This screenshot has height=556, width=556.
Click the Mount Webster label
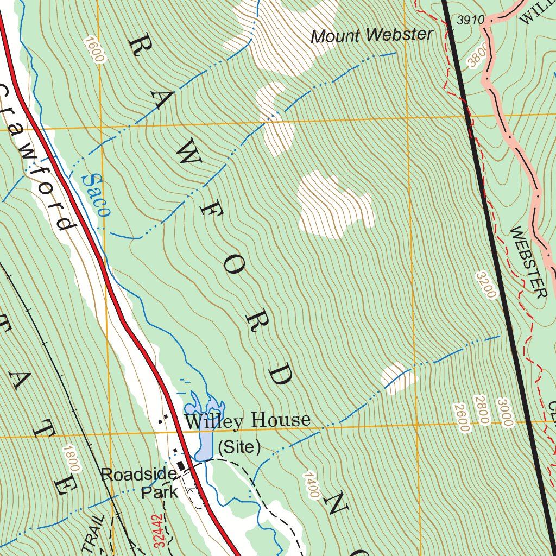click(372, 36)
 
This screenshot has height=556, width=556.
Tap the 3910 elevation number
click(470, 20)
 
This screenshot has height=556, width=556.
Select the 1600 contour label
click(93, 50)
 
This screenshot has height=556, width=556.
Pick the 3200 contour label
click(486, 285)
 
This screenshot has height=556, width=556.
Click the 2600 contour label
click(462, 418)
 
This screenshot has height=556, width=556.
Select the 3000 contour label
click(504, 413)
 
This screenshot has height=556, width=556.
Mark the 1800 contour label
click(71, 459)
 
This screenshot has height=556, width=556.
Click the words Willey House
click(248, 420)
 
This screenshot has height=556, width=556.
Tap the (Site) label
click(239, 447)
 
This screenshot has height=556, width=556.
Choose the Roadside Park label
click(139, 483)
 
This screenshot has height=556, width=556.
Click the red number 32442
click(158, 530)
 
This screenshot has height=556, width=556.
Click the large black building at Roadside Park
click(180, 466)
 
